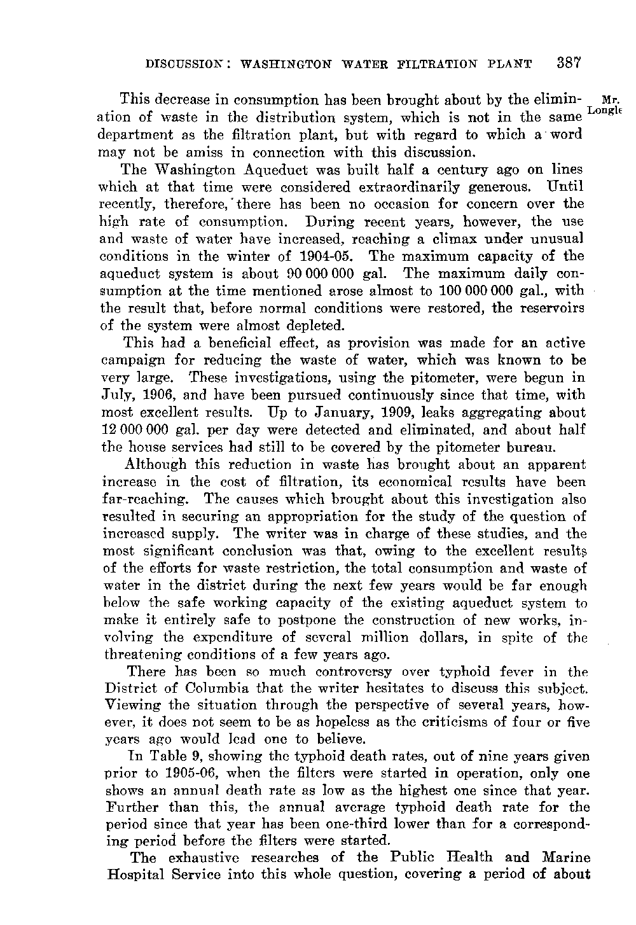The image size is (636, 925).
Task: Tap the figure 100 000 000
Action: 480,291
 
